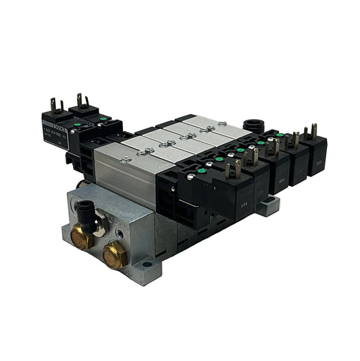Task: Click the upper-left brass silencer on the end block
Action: tap(82, 237)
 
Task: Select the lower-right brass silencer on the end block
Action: tap(113, 256)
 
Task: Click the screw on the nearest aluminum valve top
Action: tap(126, 158)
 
